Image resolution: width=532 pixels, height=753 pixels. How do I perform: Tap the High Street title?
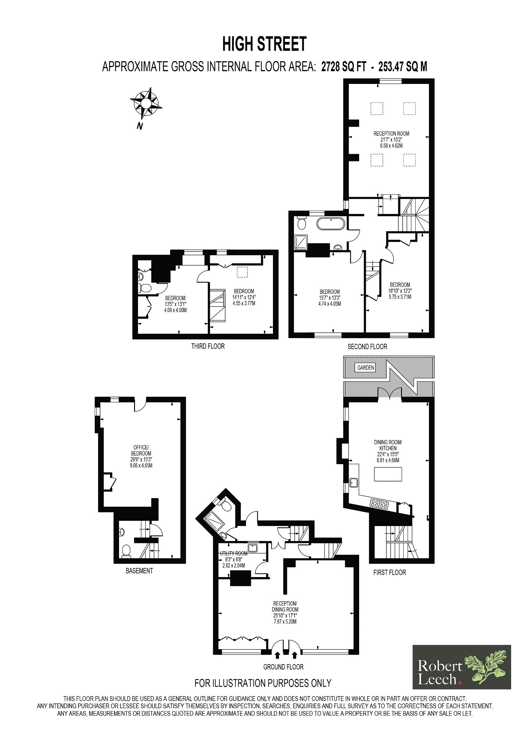(264, 44)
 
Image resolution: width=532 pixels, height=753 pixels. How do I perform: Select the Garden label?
(366, 368)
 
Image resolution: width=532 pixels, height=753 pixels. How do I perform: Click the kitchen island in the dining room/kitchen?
(388, 474)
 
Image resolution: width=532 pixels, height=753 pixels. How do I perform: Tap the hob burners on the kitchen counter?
(379, 513)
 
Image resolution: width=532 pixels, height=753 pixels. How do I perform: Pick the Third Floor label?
(208, 346)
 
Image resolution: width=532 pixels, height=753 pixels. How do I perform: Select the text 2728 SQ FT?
(344, 67)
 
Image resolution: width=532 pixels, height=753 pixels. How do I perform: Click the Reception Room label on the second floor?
(391, 133)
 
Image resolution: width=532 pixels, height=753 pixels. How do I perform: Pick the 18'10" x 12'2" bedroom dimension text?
(400, 291)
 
